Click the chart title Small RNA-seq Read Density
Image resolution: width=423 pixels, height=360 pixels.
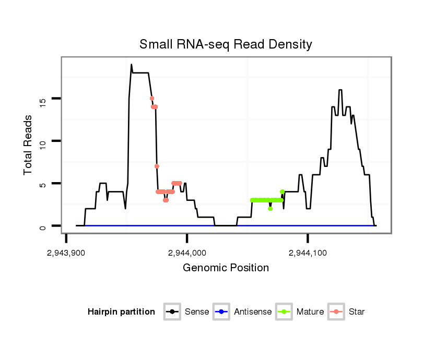click(x=226, y=44)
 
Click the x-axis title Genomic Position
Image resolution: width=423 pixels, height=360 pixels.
click(x=226, y=268)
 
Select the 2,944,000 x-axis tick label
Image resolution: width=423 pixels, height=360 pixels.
click(x=187, y=253)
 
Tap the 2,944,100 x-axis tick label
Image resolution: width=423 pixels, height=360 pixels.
click(x=308, y=253)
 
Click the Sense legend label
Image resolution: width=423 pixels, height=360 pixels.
click(x=197, y=312)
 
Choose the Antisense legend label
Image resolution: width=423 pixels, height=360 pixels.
click(x=253, y=312)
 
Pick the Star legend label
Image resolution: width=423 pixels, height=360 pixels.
click(x=357, y=312)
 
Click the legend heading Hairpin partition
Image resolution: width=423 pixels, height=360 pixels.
click(x=121, y=312)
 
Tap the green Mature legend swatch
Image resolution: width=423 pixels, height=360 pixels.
click(x=283, y=312)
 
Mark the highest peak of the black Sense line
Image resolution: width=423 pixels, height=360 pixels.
click(x=132, y=65)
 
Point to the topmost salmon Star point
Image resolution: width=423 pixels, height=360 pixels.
click(x=151, y=98)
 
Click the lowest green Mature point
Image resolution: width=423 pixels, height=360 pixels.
click(x=270, y=209)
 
